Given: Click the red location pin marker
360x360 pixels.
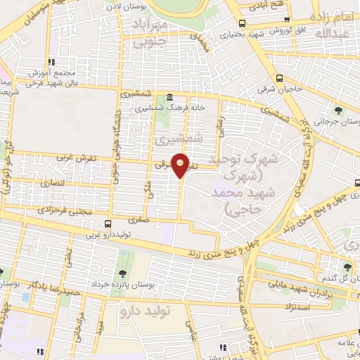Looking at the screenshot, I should tap(181, 166).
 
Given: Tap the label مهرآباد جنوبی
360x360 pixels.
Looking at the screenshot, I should tap(150, 32).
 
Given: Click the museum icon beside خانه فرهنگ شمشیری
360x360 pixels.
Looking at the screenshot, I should tap(169, 97).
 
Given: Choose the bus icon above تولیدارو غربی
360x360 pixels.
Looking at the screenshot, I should tap(107, 224).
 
